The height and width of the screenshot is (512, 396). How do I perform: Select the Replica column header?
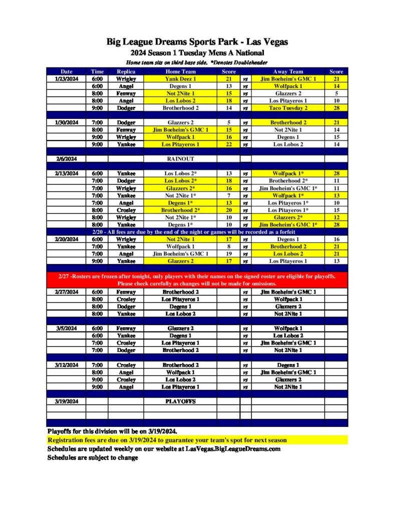123,71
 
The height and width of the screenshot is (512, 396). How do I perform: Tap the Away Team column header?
288,71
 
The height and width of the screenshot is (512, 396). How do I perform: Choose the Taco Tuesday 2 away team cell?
288,107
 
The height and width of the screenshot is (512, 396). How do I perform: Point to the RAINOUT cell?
180,158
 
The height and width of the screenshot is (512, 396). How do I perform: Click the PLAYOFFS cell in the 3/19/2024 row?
180,401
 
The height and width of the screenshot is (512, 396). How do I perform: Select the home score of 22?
228,144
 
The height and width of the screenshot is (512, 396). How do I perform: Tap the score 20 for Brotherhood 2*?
228,210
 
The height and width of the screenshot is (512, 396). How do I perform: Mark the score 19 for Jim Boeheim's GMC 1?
228,253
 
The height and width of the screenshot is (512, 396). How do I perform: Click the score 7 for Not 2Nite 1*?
228,195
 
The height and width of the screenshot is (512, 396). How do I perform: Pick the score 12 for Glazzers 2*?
336,217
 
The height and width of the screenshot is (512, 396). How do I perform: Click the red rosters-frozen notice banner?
197,280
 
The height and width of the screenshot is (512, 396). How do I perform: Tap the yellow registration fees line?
167,440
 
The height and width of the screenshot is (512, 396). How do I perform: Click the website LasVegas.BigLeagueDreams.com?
233,448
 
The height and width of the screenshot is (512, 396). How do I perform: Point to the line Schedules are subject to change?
93,457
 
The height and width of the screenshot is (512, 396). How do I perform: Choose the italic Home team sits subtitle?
197,63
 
